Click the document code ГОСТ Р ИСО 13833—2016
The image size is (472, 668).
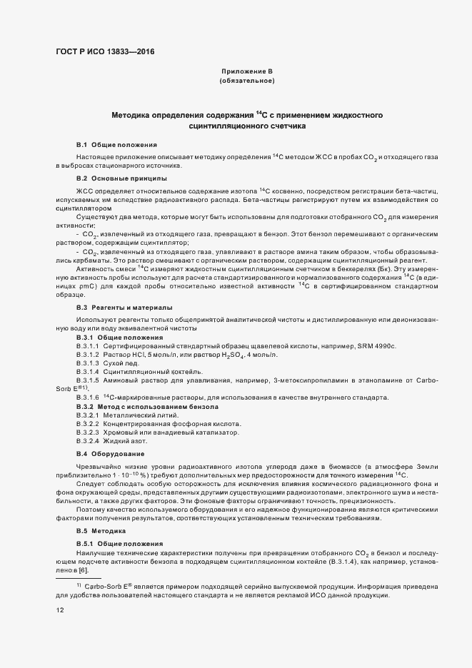(105, 51)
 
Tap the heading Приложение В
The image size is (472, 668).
(247, 71)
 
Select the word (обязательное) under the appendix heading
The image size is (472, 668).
(247, 81)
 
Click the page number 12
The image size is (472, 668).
(59, 610)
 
